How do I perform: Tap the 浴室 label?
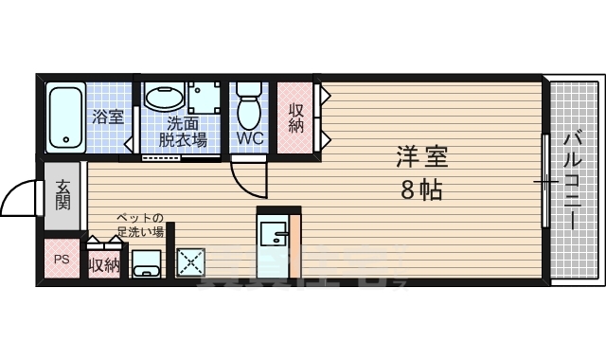click(107, 117)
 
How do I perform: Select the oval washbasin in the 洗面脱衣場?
click(164, 99)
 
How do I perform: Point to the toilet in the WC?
click(249, 107)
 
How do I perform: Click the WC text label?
click(249, 138)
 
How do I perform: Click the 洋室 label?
click(420, 157)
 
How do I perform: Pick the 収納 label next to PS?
click(104, 264)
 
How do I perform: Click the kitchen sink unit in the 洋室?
click(276, 242)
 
